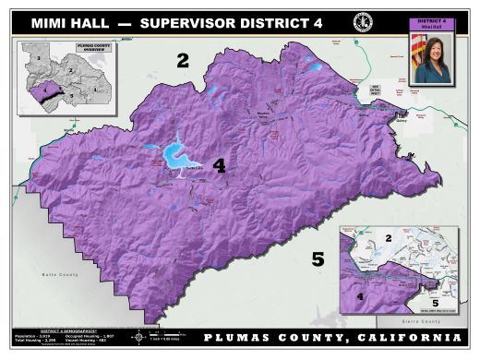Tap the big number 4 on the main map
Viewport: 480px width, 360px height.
coord(219,166)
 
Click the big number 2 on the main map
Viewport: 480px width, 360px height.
coord(183,61)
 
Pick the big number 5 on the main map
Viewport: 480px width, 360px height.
coord(318,259)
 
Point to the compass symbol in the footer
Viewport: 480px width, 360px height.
coord(140,336)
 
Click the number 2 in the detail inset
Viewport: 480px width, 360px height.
coord(390,239)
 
